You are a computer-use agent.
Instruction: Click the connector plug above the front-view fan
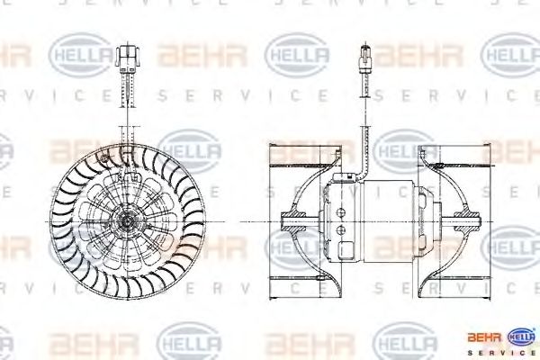coord(129,55)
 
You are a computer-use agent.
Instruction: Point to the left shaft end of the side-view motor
coord(291,218)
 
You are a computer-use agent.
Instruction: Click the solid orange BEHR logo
coord(481,338)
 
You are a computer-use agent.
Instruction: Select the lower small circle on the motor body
coord(341,232)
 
